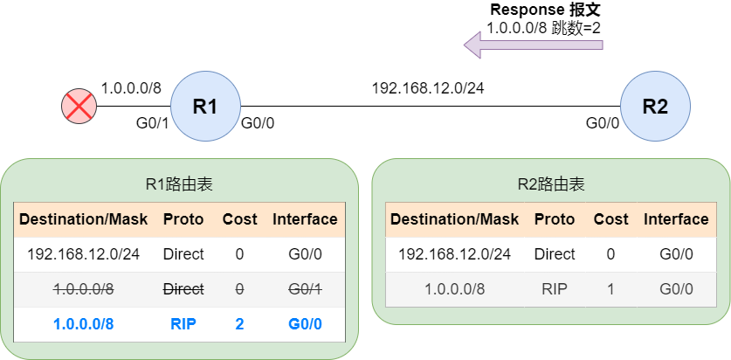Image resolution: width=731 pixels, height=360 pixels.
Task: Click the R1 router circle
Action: click(205, 107)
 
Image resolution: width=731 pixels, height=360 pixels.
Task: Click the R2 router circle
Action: click(655, 107)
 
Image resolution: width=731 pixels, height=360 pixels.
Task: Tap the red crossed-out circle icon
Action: click(79, 107)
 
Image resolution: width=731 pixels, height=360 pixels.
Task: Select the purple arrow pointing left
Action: click(533, 44)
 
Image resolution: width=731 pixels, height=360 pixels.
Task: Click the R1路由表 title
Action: click(179, 184)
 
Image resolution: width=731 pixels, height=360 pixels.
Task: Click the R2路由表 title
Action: click(550, 184)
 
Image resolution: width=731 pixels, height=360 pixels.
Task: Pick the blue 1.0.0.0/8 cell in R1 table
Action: click(83, 324)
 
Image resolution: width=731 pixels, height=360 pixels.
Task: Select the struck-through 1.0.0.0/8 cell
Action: click(83, 289)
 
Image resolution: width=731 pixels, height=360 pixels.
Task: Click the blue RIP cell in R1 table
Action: click(183, 324)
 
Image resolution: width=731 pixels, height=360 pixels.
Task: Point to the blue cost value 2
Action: click(239, 324)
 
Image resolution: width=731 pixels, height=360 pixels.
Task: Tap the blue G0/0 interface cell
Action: click(305, 324)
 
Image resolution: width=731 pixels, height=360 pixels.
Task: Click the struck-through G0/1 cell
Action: click(305, 289)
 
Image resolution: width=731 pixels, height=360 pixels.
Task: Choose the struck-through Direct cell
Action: click(183, 289)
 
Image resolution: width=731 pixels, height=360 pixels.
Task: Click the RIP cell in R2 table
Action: click(555, 289)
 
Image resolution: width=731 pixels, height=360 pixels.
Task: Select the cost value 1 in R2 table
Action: click(610, 289)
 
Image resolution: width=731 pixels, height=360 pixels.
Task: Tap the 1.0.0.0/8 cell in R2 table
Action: click(454, 289)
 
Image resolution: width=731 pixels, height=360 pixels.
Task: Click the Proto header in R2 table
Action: click(555, 219)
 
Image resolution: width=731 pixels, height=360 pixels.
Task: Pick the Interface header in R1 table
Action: click(305, 219)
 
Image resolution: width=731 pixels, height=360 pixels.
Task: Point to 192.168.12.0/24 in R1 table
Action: click(83, 254)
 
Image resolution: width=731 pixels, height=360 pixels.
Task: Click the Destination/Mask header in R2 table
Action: click(454, 219)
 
